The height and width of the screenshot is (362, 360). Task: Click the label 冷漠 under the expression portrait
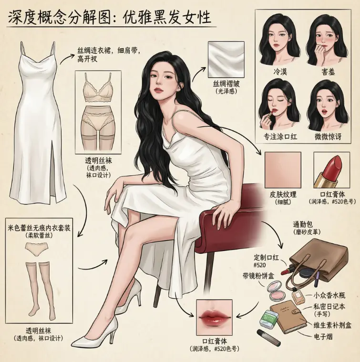pyautogui.click(x=280, y=72)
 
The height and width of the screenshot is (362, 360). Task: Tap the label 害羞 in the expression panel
pyautogui.click(x=328, y=72)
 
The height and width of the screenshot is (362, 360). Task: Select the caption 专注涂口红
pyautogui.click(x=280, y=137)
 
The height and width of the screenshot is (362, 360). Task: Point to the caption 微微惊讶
pyautogui.click(x=328, y=137)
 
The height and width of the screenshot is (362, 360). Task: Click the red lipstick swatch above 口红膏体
pyautogui.click(x=332, y=170)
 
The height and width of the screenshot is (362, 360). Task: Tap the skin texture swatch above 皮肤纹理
pyautogui.click(x=283, y=170)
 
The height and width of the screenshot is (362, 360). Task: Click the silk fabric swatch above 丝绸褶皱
pyautogui.click(x=226, y=60)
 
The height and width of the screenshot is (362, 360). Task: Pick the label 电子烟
pyautogui.click(x=323, y=337)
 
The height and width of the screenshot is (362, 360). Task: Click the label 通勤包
pyautogui.click(x=303, y=224)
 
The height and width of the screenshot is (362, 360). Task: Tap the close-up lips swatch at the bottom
pyautogui.click(x=214, y=317)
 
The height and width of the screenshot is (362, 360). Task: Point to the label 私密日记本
pyautogui.click(x=329, y=306)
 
